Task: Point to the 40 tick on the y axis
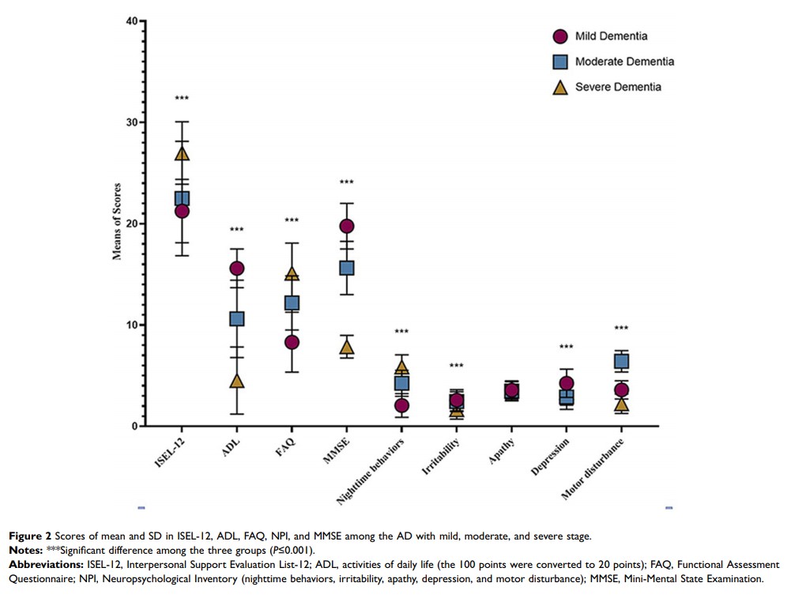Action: tap(130, 21)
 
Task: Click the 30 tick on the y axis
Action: tap(130, 122)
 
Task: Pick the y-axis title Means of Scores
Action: tap(117, 224)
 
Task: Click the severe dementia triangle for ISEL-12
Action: tap(182, 153)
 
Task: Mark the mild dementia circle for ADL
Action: tap(236, 269)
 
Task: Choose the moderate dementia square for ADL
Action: tap(236, 318)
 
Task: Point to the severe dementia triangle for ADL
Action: tap(236, 381)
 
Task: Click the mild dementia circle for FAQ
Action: tap(292, 342)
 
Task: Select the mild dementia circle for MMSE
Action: tap(346, 227)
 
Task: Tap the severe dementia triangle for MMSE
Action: tap(346, 347)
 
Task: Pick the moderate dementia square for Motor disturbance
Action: tap(621, 362)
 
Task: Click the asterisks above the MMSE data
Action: tap(346, 182)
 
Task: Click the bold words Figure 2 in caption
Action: tap(31, 536)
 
